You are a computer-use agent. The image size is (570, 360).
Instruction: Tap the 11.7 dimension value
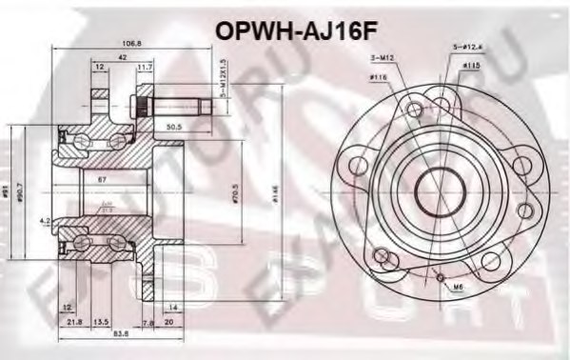(145, 67)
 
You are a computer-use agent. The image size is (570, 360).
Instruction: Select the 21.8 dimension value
(75, 322)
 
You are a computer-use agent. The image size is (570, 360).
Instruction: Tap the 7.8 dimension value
(147, 322)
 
